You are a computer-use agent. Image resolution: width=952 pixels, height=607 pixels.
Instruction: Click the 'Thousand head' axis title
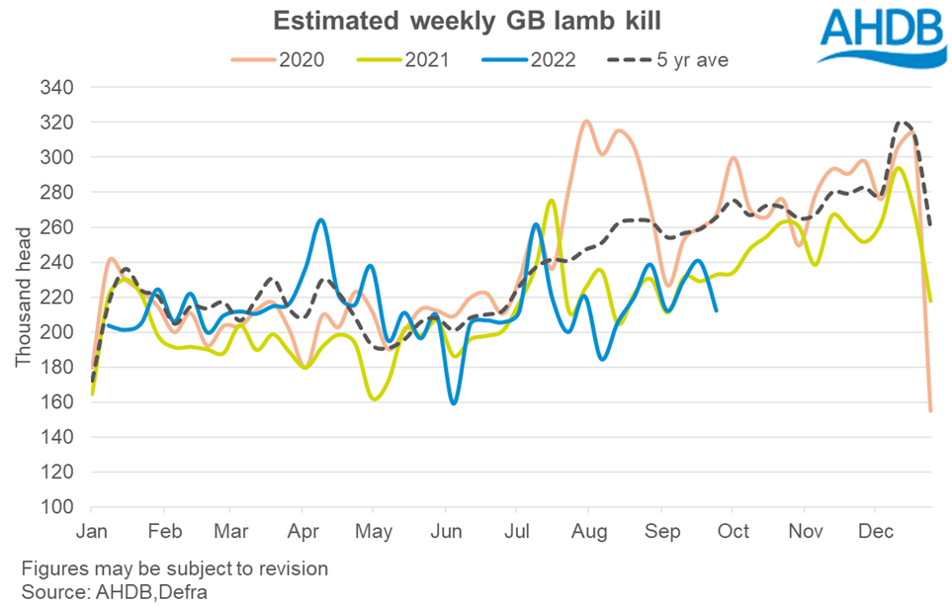point(23,297)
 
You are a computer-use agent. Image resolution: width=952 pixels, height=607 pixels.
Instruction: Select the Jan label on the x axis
point(92,531)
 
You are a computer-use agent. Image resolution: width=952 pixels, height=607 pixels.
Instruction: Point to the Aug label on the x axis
point(589,531)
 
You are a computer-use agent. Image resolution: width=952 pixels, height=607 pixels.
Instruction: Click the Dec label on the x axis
point(875,531)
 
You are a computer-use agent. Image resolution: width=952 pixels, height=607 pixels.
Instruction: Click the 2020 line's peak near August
point(586,121)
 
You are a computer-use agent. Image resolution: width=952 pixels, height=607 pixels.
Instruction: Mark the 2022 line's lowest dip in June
point(454,403)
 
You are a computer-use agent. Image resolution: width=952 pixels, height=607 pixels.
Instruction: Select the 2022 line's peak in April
point(320,219)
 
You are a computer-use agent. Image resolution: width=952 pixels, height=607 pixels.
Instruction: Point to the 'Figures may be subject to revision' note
point(173,570)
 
